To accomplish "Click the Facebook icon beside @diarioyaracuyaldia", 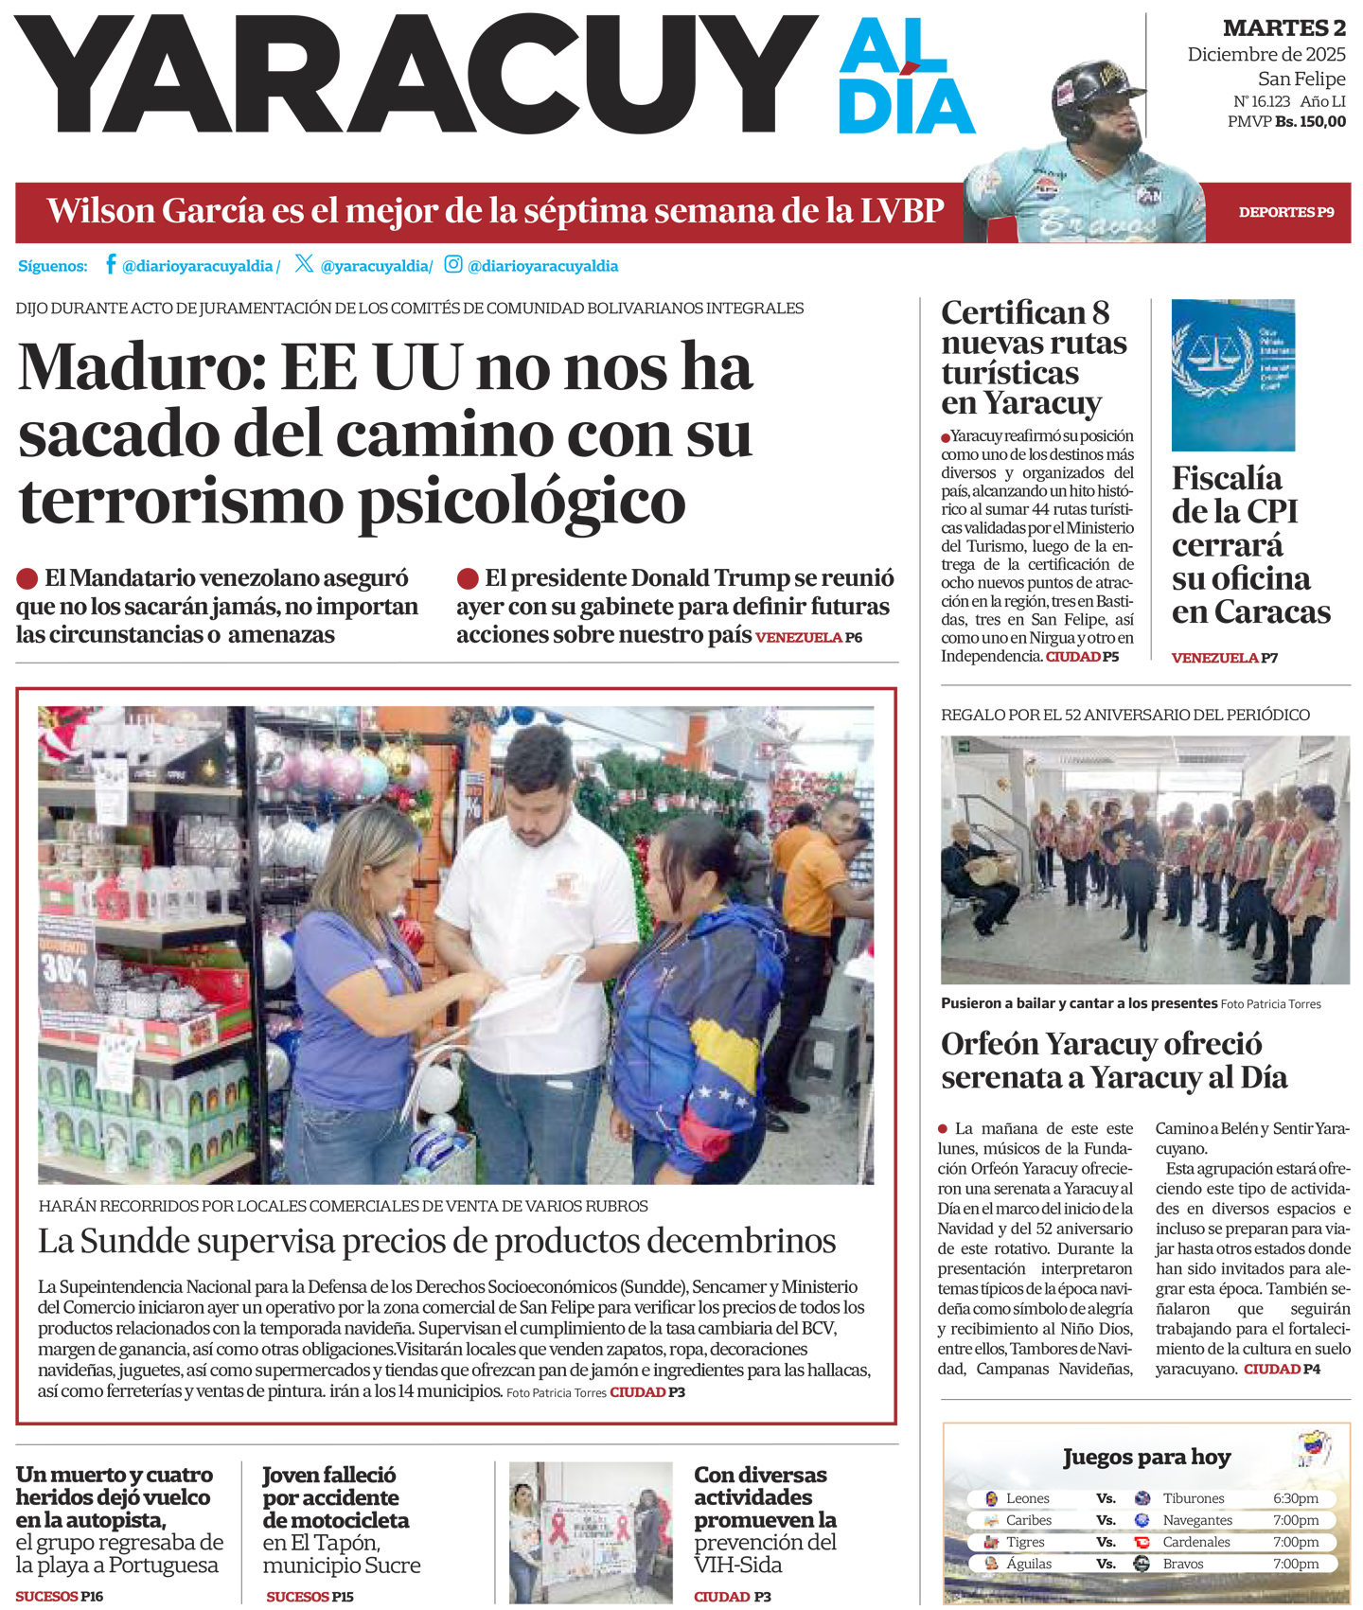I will [x=111, y=264].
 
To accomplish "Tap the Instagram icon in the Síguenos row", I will [x=453, y=264].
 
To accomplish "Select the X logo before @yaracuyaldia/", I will [x=304, y=263].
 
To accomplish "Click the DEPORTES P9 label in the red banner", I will [x=1285, y=212].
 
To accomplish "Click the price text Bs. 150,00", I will [x=1310, y=121].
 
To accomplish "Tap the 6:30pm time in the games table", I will [x=1295, y=1498].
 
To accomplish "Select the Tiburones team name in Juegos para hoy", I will [x=1193, y=1498].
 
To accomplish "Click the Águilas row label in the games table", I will [x=1028, y=1564].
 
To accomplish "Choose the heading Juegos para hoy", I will [x=1146, y=1457].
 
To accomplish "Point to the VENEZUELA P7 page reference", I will [x=1224, y=658].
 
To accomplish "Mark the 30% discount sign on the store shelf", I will [x=65, y=968].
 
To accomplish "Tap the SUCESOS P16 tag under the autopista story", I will [x=60, y=1596].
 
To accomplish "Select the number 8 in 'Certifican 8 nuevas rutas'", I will [x=1100, y=313].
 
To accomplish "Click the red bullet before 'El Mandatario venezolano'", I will [x=27, y=578].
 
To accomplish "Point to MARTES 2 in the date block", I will [x=1283, y=28].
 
